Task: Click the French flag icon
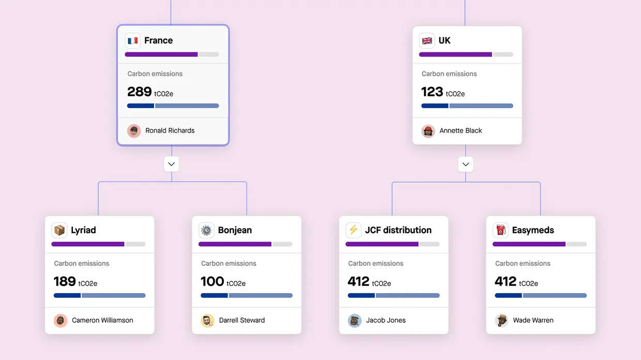click(133, 41)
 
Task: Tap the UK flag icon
click(427, 41)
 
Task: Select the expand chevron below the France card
click(172, 164)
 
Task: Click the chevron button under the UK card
click(466, 164)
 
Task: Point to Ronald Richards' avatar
click(134, 131)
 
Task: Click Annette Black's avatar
click(428, 131)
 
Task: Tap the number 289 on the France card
click(140, 92)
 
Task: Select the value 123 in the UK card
click(432, 92)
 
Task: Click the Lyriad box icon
click(59, 230)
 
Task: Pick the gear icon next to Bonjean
click(207, 230)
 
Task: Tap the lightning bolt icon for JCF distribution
click(354, 230)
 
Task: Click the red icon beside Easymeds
click(500, 230)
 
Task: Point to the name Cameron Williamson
click(102, 320)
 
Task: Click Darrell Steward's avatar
click(207, 321)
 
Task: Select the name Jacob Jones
click(386, 320)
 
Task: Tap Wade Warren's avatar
click(501, 321)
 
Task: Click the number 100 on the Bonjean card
click(212, 282)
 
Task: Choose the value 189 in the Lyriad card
click(65, 282)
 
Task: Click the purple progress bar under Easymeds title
click(529, 244)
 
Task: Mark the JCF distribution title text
click(398, 230)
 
